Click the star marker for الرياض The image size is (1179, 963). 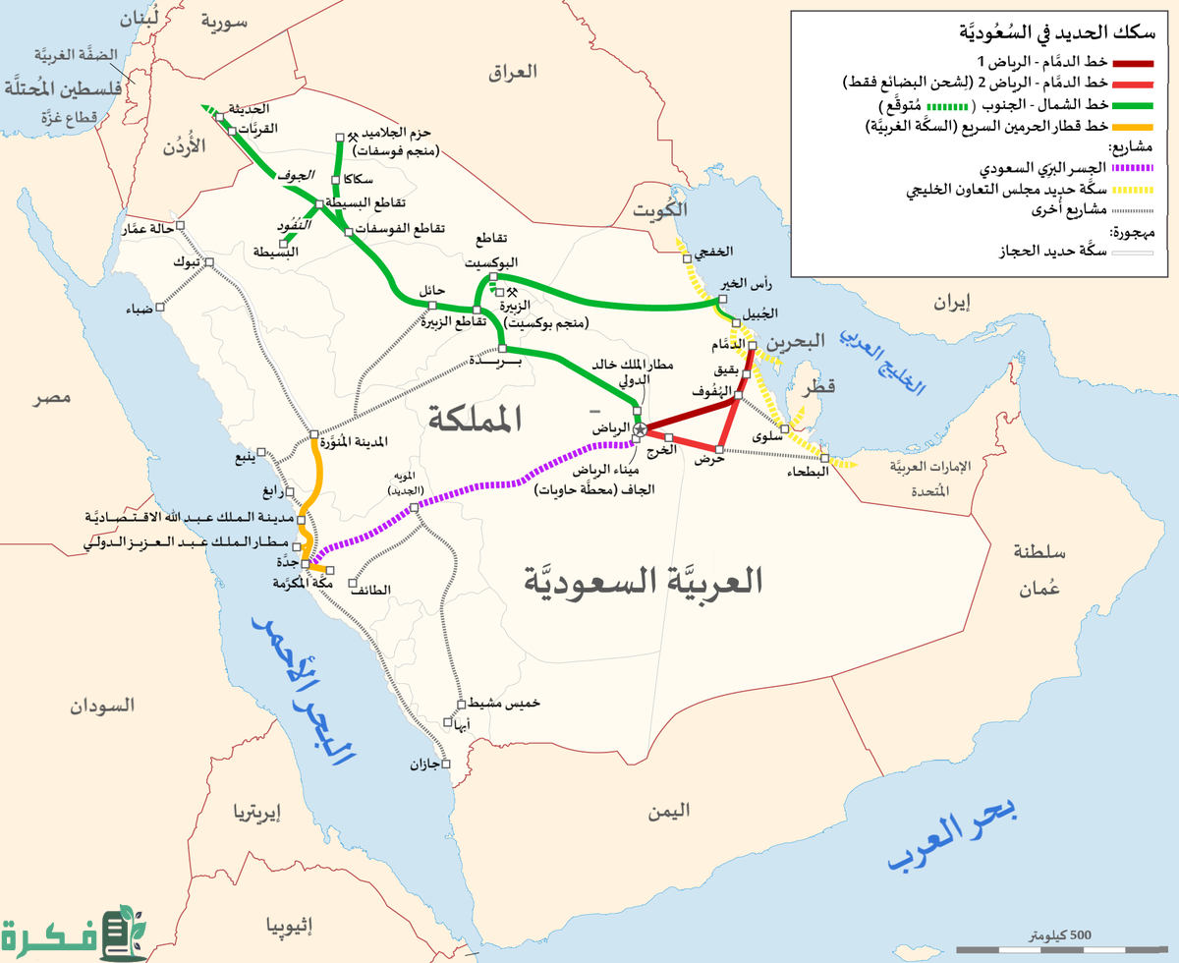[x=640, y=429]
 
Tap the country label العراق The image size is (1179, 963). [x=514, y=72]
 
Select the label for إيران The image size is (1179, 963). [x=951, y=304]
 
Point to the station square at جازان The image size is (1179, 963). [x=445, y=764]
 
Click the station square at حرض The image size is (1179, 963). [x=720, y=450]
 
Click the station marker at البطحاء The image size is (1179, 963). [x=825, y=458]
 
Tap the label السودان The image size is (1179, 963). [x=101, y=707]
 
